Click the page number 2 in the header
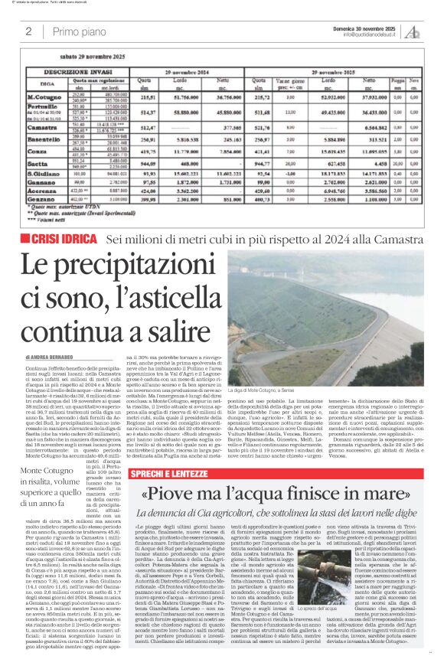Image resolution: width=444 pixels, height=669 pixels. coord(28,31)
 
